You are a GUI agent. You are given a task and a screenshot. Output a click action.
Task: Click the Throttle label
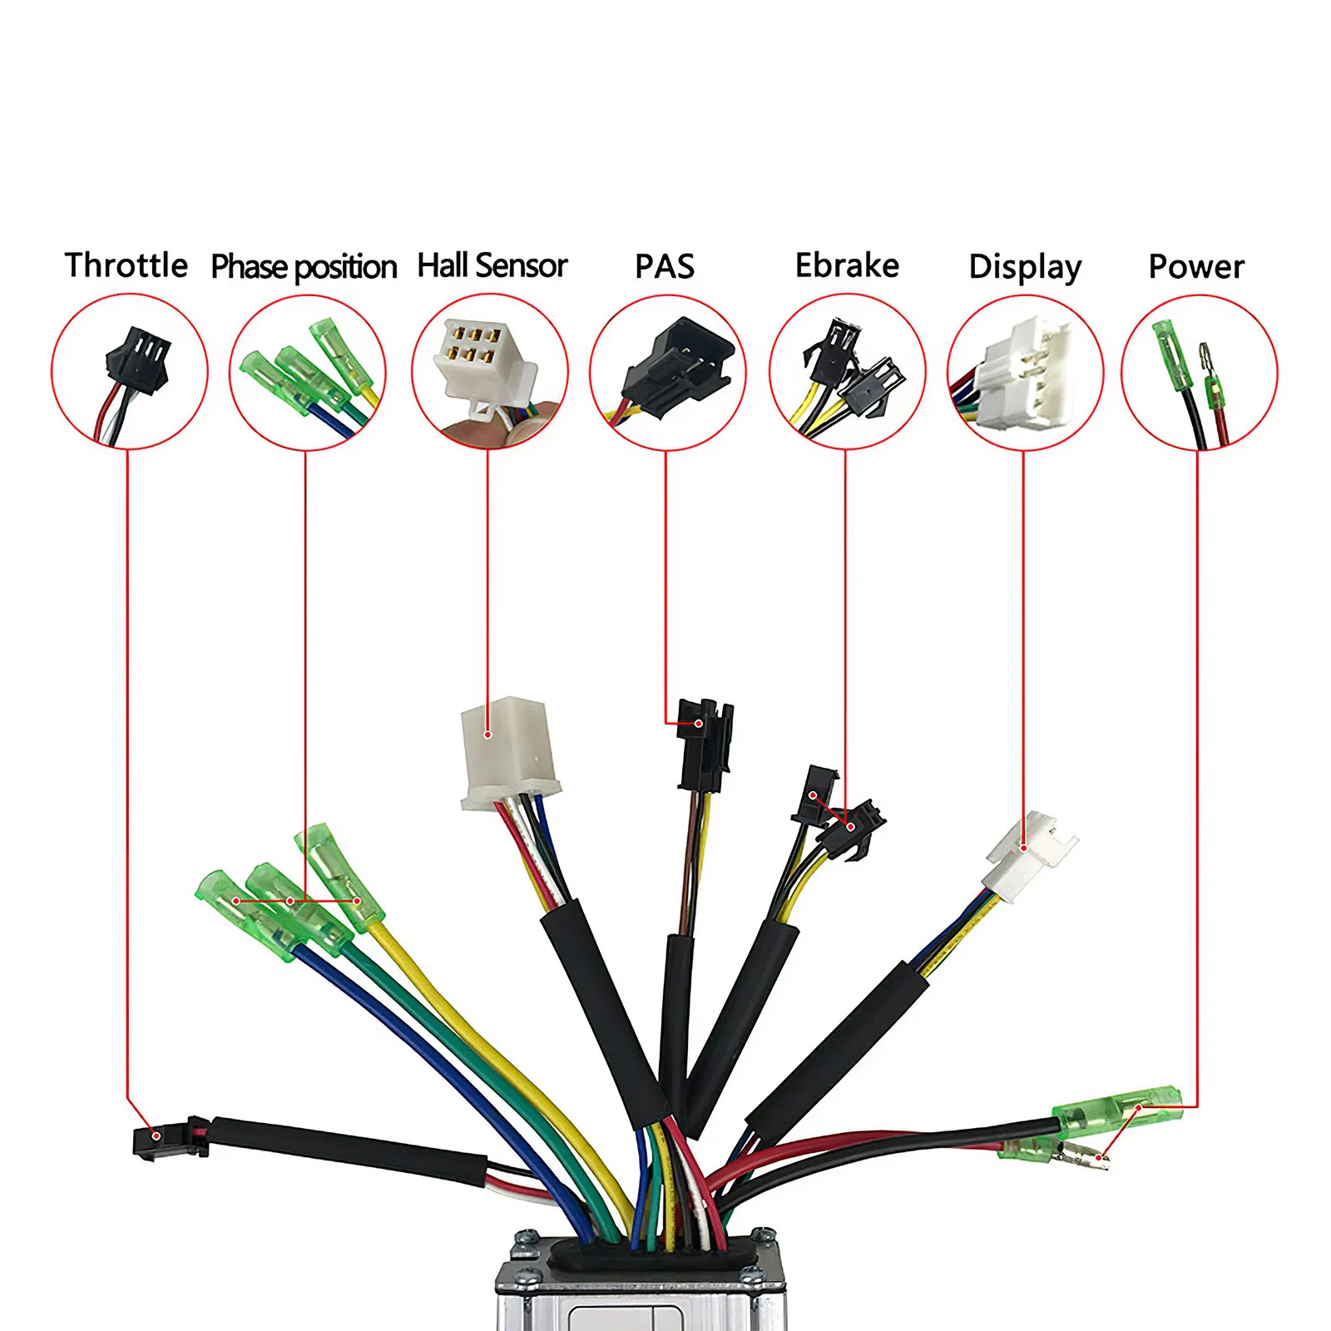[126, 265]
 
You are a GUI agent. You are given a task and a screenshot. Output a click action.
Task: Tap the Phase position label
[304, 266]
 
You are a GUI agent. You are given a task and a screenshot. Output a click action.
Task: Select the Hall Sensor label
[492, 265]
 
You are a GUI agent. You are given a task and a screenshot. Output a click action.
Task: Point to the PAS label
[664, 266]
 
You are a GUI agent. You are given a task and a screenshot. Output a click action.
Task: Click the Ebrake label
[847, 265]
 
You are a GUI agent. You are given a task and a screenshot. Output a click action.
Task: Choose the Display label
[1025, 267]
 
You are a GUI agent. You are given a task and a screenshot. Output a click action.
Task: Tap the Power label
[1196, 266]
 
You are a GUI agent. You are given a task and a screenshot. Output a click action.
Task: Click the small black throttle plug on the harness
[158, 1141]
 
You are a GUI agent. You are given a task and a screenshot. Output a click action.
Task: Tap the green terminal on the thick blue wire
[241, 911]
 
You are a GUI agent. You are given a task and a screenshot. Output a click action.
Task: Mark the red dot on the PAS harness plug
[699, 724]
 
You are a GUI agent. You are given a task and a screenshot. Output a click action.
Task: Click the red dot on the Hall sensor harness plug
[488, 735]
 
